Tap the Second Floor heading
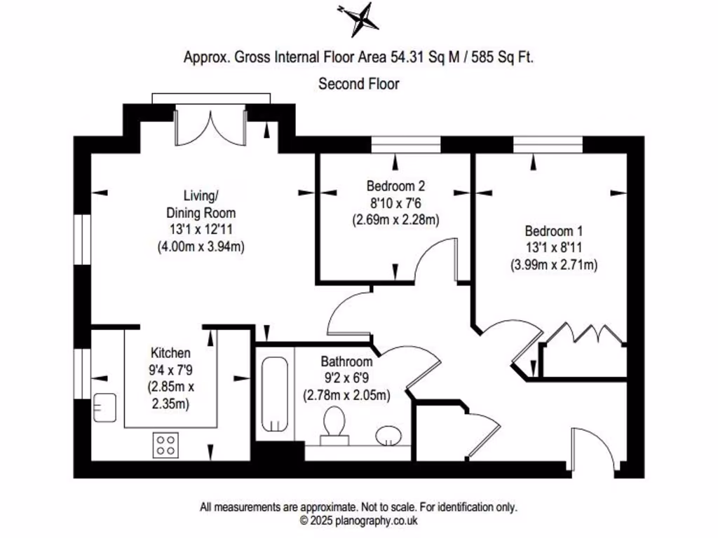click(x=359, y=84)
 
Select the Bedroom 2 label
click(x=395, y=186)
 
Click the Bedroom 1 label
click(x=553, y=231)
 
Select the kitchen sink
click(x=105, y=407)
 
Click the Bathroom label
click(x=346, y=362)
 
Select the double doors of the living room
click(x=210, y=127)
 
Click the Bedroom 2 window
click(x=406, y=144)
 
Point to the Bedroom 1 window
click(x=548, y=144)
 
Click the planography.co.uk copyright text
click(x=358, y=520)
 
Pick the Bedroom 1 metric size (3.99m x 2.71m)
click(x=553, y=265)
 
